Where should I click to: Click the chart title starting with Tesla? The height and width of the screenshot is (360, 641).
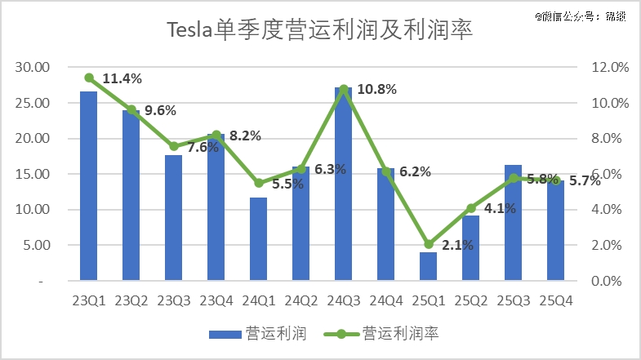coord(320,30)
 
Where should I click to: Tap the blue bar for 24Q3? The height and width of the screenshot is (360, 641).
coord(343,184)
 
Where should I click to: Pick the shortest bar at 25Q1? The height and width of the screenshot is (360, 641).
coord(428,266)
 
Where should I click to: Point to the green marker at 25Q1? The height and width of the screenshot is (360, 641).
coord(428,244)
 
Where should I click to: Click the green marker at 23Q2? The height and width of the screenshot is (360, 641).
coord(131,109)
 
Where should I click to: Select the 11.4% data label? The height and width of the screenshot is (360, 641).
coord(122,79)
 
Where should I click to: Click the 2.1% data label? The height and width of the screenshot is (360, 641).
coord(458,245)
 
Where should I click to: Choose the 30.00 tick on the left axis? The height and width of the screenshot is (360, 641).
coord(33,68)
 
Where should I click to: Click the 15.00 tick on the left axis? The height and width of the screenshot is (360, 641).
coord(33,175)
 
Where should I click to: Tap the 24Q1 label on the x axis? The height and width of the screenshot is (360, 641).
coord(258,300)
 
